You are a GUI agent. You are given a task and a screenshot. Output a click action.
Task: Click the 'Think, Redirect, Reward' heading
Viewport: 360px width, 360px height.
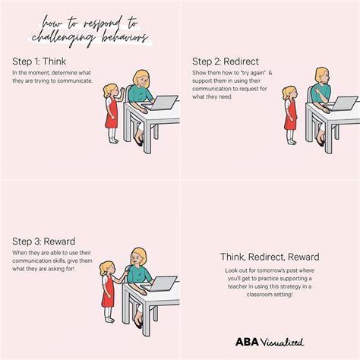270,257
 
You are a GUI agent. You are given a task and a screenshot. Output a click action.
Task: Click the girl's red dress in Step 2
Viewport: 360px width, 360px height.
289,117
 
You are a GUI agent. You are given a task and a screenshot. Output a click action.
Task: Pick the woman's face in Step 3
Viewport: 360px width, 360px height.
140,257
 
